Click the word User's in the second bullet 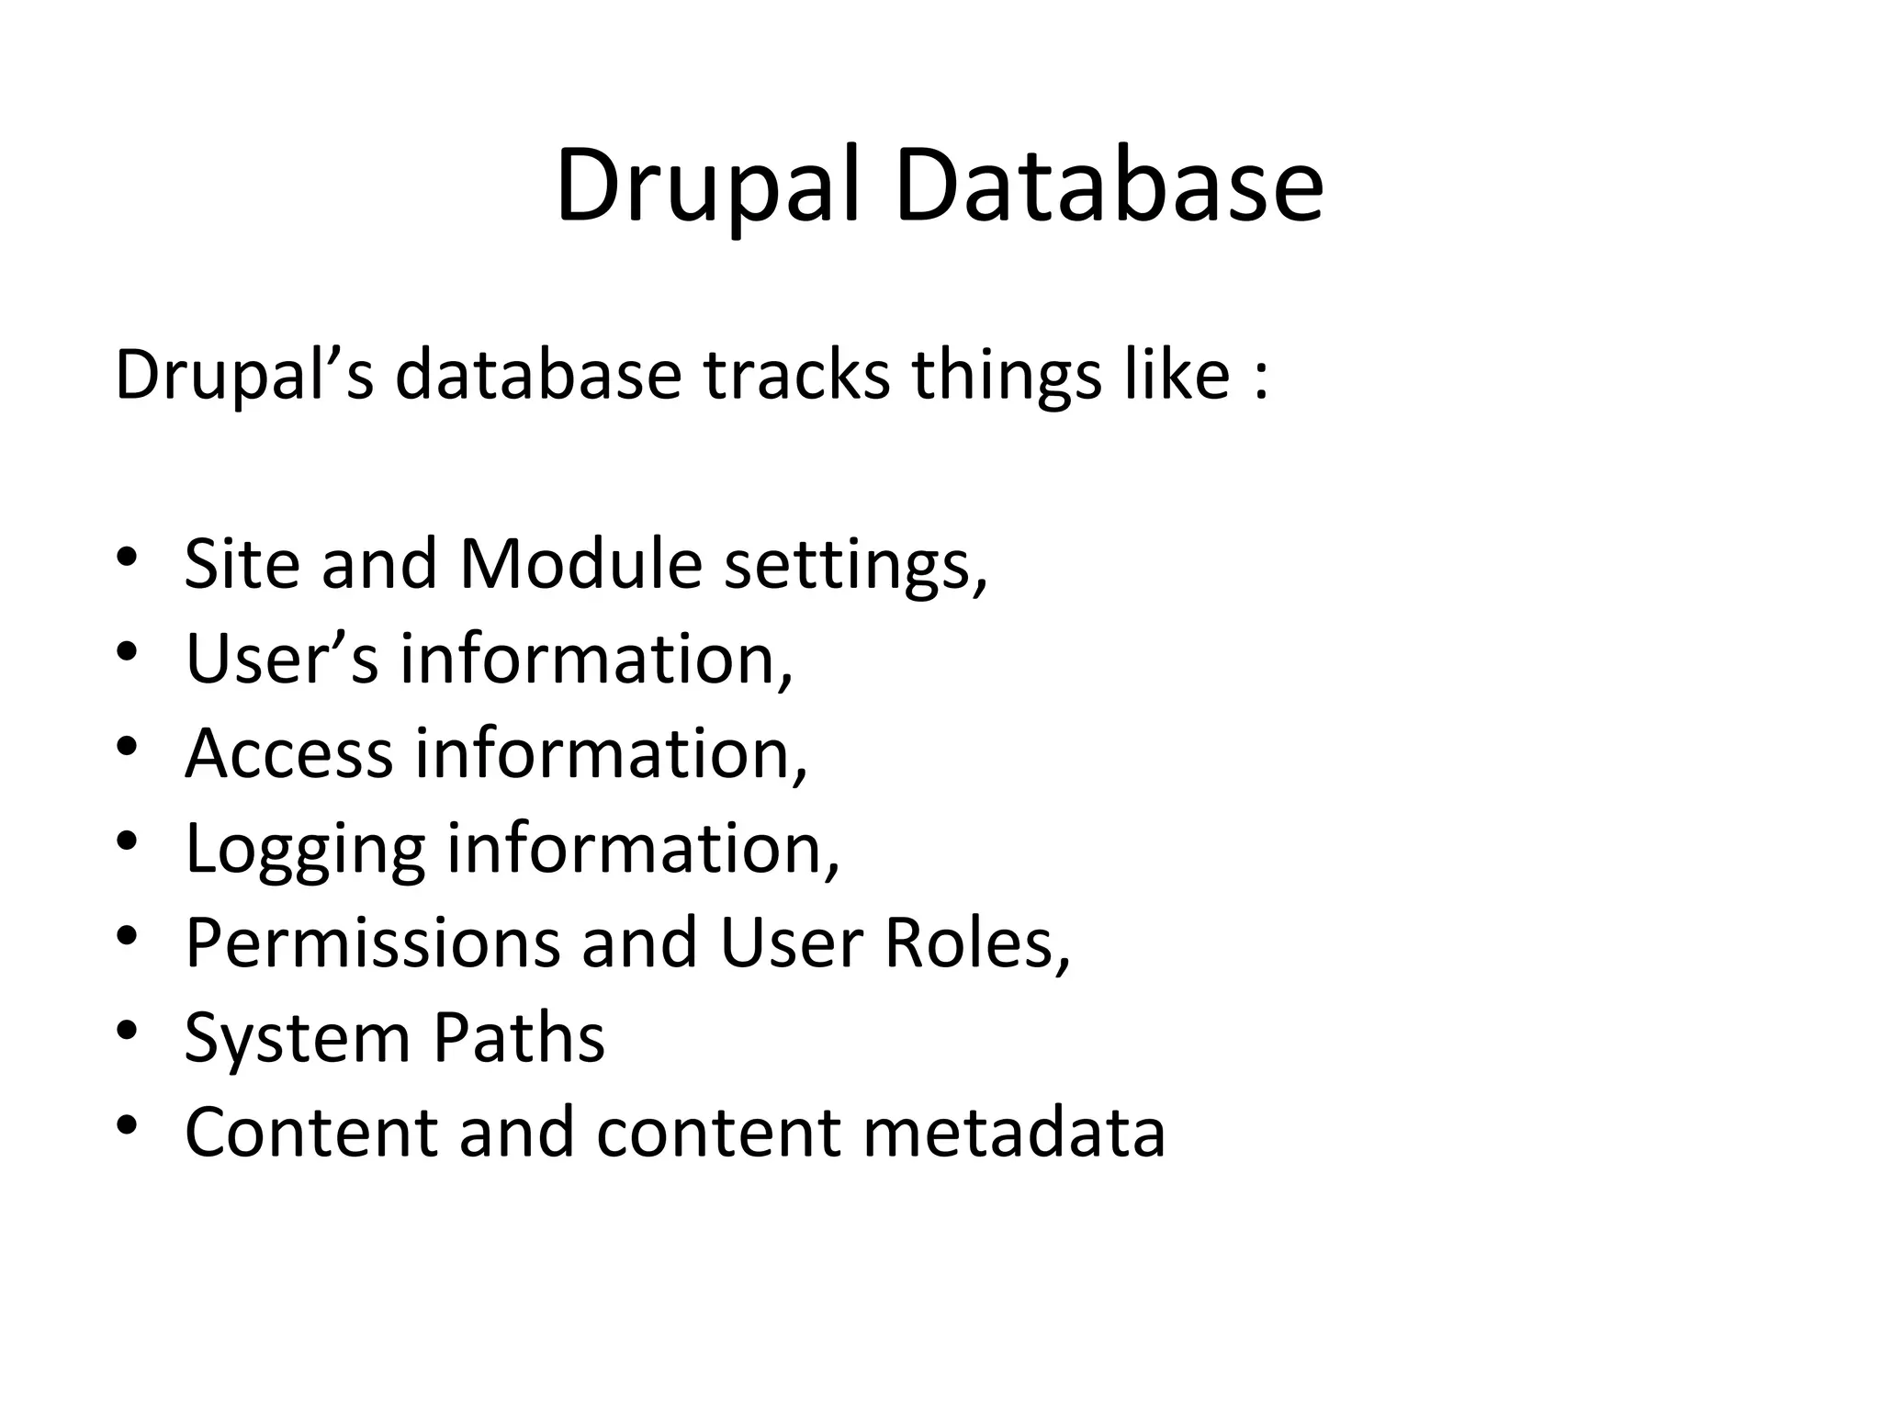click(x=281, y=659)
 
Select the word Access click(x=288, y=753)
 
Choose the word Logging click(x=305, y=851)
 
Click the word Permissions click(x=372, y=943)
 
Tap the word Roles click(x=977, y=943)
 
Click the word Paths click(x=519, y=1038)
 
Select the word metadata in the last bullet click(x=1014, y=1132)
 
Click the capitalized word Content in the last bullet click(x=310, y=1132)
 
